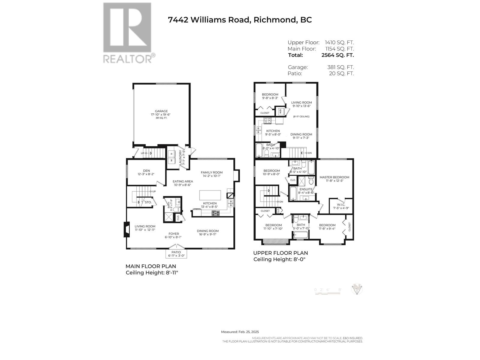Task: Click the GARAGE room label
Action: [161, 111]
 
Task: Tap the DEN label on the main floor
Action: [146, 171]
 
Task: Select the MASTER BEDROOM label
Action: [334, 177]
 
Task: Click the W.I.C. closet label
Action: [341, 205]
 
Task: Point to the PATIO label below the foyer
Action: [176, 252]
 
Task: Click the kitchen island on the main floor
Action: [210, 195]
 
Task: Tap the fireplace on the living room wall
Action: [127, 229]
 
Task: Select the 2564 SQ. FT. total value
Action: [337, 55]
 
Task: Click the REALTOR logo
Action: [127, 33]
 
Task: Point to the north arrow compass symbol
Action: [357, 289]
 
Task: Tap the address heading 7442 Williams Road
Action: [240, 20]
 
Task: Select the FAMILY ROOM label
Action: [211, 172]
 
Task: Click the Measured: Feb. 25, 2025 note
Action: [240, 332]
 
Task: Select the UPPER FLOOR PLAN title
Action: [280, 253]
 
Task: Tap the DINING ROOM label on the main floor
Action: [208, 231]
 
